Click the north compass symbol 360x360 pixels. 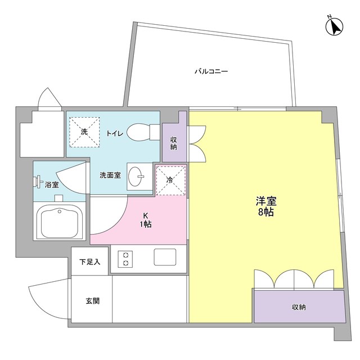pos(336,26)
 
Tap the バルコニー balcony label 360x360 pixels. pos(211,72)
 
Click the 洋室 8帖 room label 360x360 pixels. pos(266,206)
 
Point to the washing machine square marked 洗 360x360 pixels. pos(84,131)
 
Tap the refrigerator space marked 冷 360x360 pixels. pos(170,179)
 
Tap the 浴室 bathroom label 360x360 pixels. pos(51,184)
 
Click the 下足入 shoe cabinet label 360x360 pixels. pos(89,262)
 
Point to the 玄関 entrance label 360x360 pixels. pos(92,301)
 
